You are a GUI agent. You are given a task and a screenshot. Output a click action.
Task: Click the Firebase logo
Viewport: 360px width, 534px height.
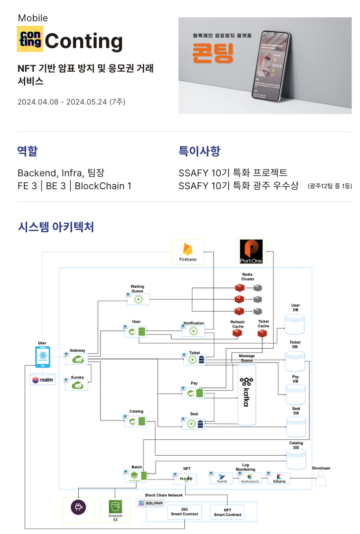[188, 249]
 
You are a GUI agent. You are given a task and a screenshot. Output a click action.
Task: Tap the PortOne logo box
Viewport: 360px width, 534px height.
[251, 251]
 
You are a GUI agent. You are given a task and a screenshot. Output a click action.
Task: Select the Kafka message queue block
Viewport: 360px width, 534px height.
[246, 394]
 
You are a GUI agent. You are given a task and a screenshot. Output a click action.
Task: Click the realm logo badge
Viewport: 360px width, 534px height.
[43, 380]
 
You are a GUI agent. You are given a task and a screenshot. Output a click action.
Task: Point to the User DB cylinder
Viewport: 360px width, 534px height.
[295, 325]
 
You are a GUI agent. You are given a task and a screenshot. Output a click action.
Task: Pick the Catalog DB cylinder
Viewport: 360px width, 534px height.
[296, 460]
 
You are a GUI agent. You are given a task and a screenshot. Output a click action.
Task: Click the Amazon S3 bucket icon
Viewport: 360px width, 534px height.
[115, 508]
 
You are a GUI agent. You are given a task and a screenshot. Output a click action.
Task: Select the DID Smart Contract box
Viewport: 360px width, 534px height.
[185, 512]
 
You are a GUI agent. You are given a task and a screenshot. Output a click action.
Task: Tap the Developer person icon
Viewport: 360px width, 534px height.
[321, 479]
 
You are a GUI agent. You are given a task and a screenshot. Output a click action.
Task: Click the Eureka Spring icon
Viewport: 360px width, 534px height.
[77, 384]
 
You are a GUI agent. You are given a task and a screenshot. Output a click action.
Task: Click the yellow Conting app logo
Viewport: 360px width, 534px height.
[30, 39]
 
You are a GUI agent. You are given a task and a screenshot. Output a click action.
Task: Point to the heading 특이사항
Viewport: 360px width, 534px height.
[199, 151]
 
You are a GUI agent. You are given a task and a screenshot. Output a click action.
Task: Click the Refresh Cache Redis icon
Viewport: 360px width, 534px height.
[237, 334]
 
